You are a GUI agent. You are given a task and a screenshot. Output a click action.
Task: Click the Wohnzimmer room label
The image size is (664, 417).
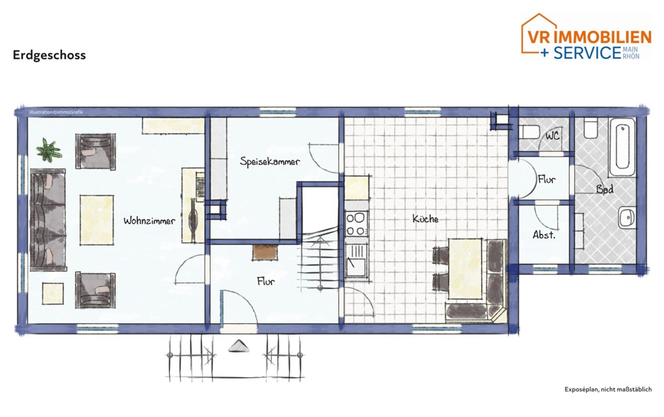point(149,221)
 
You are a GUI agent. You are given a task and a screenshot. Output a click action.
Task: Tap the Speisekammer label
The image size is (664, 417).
point(270,161)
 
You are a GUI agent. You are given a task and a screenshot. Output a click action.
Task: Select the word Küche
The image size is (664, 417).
point(425,219)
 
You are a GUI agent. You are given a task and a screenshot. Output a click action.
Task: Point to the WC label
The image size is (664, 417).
point(552,135)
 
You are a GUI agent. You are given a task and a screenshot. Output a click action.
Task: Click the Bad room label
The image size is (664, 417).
point(604,189)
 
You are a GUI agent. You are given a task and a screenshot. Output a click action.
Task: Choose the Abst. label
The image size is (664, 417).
point(544,235)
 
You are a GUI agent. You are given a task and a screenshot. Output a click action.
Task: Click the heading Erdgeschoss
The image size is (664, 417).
point(49,56)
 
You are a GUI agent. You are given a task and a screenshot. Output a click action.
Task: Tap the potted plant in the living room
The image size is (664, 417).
point(47,150)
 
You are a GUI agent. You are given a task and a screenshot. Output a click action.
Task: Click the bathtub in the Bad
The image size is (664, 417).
point(623,147)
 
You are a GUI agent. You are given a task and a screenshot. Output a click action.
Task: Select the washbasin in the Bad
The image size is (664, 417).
point(625,216)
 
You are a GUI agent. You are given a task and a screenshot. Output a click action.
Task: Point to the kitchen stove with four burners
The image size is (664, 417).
point(356,223)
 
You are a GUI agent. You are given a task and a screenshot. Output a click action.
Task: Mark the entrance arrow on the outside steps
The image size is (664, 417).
point(237,345)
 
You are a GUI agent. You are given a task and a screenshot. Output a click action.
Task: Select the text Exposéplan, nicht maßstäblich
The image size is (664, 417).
point(608,390)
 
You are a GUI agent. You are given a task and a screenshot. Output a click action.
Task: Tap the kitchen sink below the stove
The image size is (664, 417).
point(356,259)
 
